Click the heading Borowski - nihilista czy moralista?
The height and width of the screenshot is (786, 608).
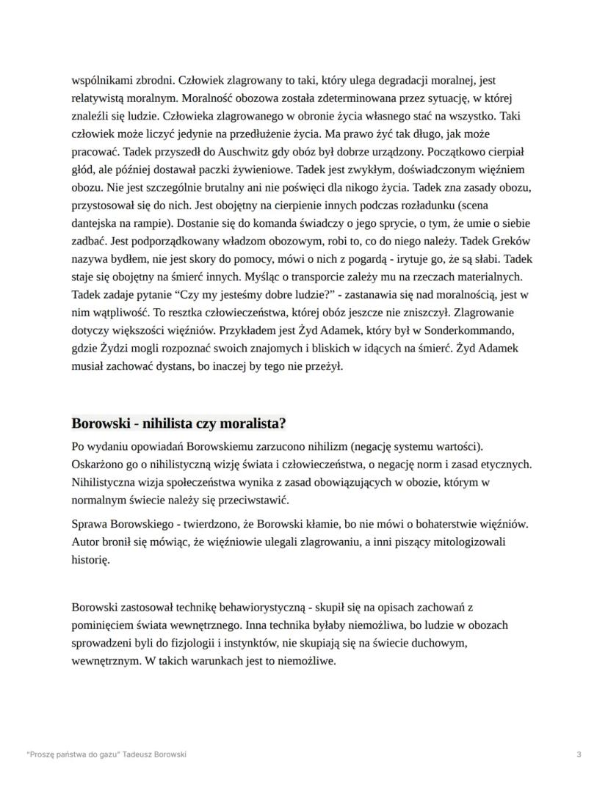[x=178, y=424]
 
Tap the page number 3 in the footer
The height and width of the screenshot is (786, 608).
[x=579, y=754]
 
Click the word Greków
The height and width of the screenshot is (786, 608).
[x=511, y=241]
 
